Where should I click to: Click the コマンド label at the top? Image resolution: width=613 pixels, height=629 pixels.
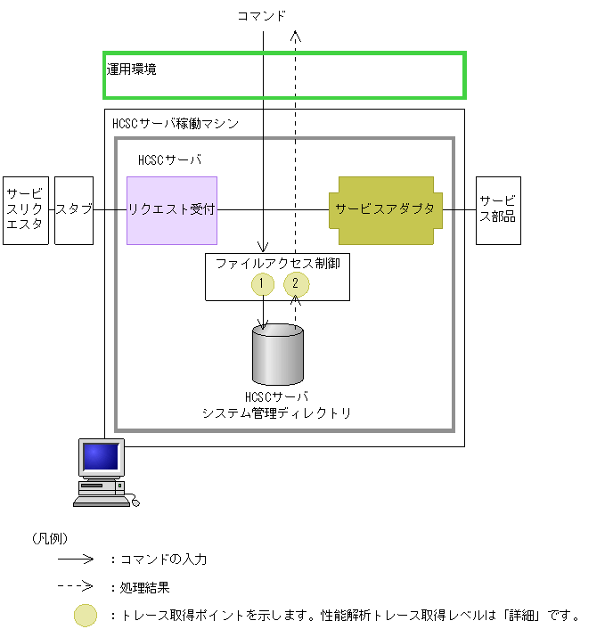261,15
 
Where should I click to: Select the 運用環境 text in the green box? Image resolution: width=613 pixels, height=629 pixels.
132,69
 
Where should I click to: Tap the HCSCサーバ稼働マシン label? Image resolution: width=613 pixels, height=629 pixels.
176,124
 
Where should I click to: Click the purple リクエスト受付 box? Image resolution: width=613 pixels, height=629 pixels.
172,210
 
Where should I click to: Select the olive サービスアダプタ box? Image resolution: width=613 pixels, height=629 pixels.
385,209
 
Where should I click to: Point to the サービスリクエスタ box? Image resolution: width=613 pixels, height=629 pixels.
25,209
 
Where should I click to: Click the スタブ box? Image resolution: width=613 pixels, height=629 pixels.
74,209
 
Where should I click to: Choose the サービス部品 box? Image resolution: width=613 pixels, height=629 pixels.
498,209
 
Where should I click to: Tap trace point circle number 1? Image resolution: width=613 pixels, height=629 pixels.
262,284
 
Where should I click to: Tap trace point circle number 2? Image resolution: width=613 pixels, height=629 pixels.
296,284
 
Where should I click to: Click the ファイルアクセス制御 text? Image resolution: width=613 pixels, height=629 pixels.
277,263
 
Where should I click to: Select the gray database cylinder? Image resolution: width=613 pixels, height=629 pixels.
278,355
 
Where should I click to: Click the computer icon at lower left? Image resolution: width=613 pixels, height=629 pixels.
102,472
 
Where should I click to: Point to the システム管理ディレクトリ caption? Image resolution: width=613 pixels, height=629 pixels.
277,413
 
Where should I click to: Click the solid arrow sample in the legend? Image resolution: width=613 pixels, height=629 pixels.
76,560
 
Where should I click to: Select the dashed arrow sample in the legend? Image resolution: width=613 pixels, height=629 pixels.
76,587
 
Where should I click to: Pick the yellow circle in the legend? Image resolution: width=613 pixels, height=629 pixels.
86,616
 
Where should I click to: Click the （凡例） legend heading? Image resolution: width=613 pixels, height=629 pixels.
50,538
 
